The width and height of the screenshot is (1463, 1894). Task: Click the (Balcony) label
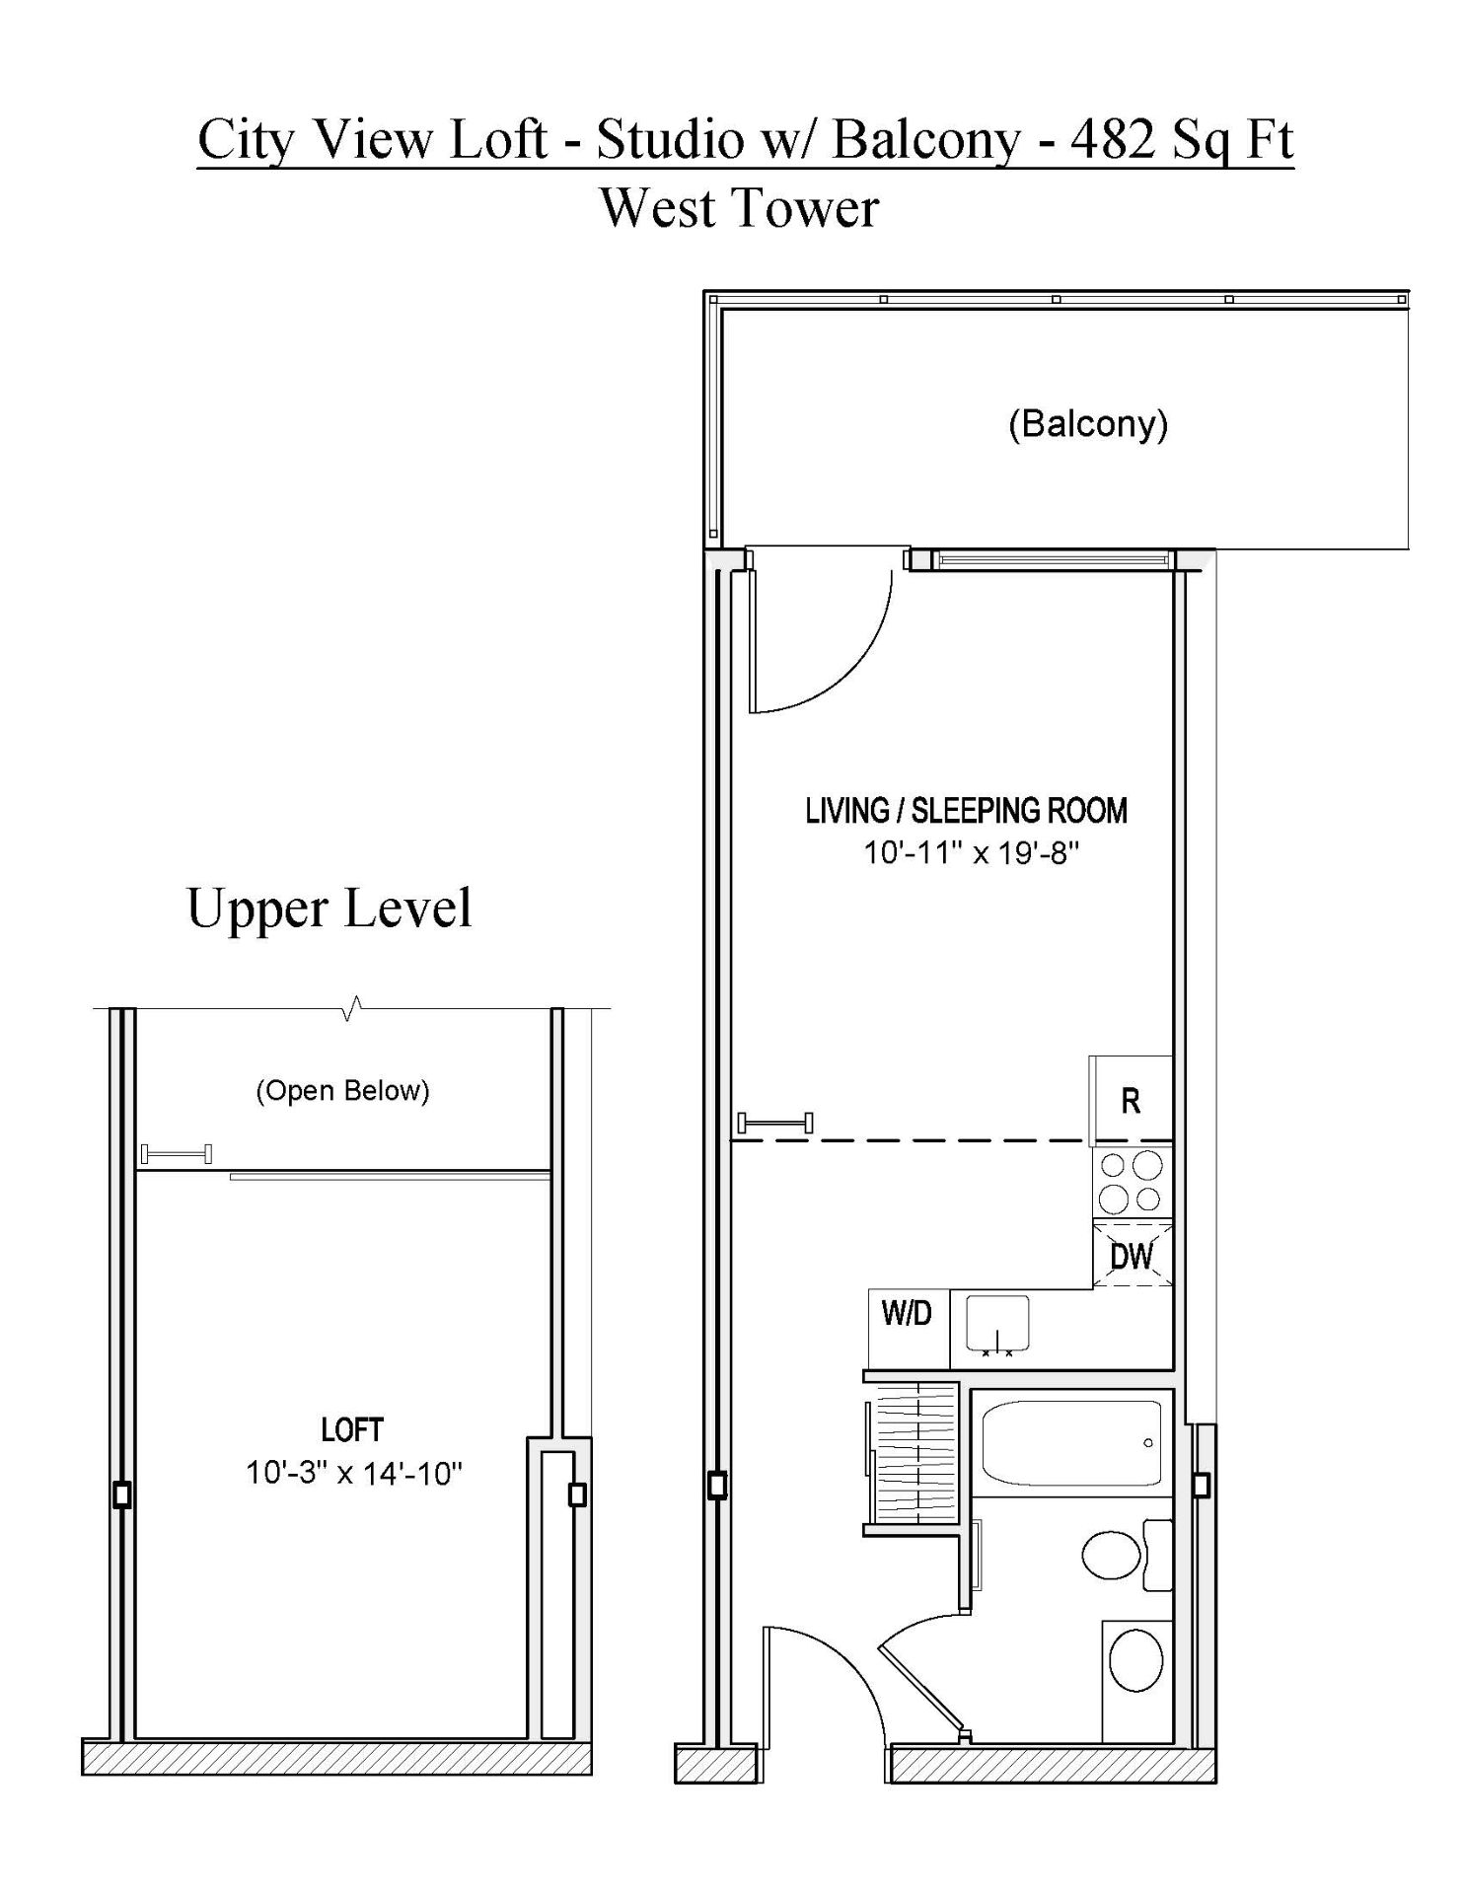[x=1088, y=424]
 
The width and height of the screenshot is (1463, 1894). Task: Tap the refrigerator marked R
[x=1131, y=1101]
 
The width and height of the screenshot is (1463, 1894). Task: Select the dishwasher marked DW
[x=1133, y=1255]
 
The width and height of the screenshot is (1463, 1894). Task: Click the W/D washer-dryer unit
[x=908, y=1328]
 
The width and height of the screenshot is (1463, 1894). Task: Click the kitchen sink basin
[x=997, y=1323]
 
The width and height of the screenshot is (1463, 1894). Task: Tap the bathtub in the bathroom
[x=1071, y=1442]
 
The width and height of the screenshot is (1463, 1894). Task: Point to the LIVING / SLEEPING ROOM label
[x=966, y=811]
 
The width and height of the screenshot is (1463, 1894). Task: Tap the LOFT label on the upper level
[x=352, y=1429]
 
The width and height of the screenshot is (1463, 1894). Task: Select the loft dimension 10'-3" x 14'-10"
[x=354, y=1473]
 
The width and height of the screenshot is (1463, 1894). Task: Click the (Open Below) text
[x=342, y=1091]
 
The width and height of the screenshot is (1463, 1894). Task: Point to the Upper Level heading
[x=329, y=908]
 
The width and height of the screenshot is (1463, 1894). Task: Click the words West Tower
[x=739, y=208]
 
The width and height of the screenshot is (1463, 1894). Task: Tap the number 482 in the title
[x=1112, y=139]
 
